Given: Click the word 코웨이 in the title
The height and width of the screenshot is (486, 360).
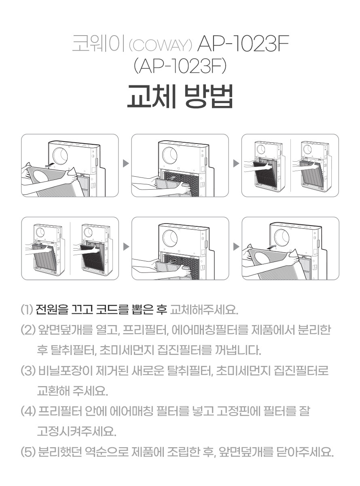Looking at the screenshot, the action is (x=98, y=44).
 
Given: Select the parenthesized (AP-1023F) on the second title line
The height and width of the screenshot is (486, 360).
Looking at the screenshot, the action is (x=180, y=67).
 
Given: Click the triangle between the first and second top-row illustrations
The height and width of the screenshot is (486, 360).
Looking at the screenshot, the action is (x=126, y=163).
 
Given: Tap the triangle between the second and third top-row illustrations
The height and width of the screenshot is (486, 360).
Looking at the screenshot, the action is (x=236, y=163).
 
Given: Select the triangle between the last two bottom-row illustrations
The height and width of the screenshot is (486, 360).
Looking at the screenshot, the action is (x=236, y=247).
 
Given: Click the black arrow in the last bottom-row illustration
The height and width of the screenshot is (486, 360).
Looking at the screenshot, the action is (x=273, y=247).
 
